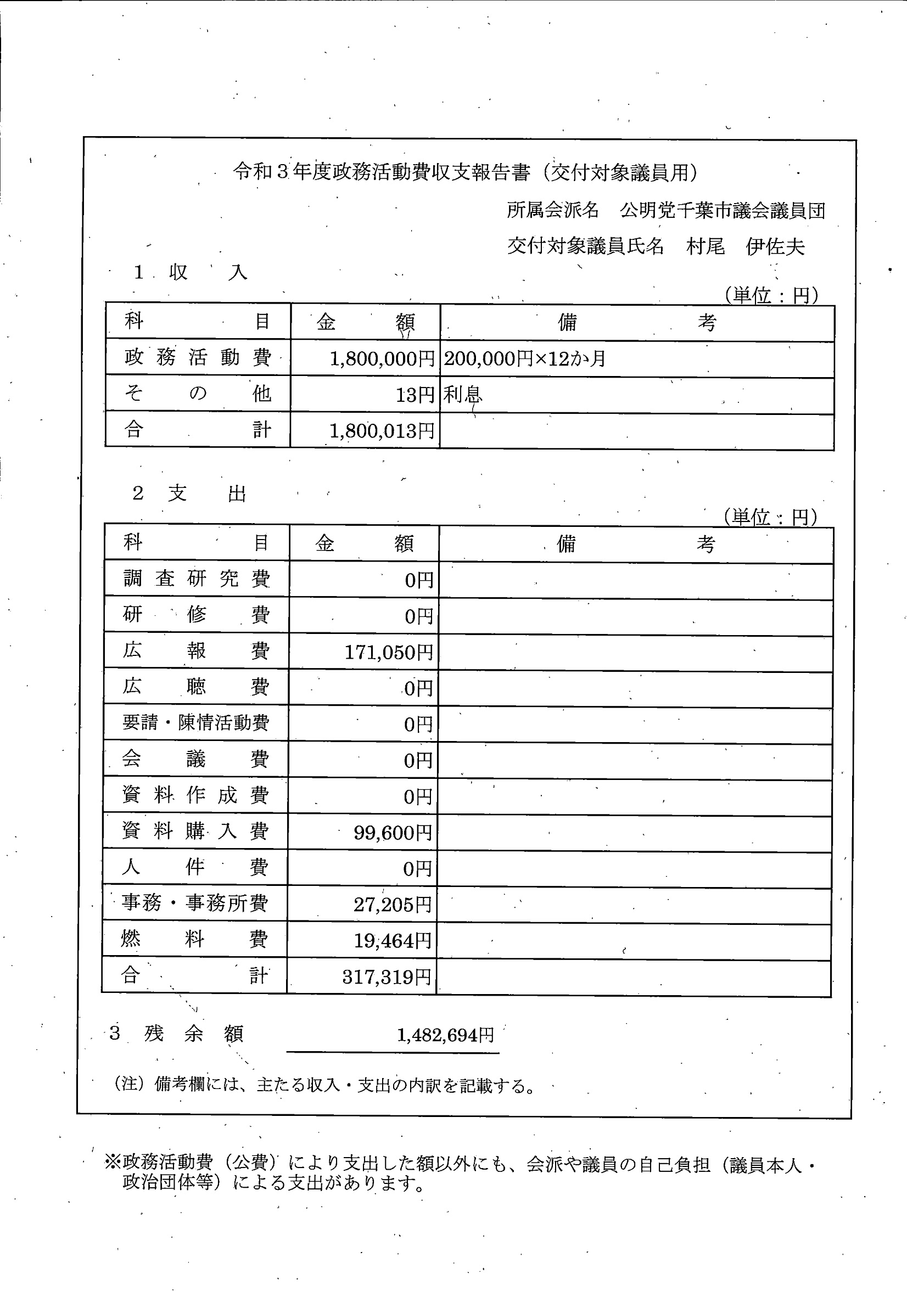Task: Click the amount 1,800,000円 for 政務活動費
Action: [382, 359]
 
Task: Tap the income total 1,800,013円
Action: [382, 431]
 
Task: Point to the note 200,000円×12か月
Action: [524, 359]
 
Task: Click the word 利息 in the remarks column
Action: [462, 395]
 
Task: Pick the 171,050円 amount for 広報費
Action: [389, 652]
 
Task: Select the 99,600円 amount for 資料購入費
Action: [393, 833]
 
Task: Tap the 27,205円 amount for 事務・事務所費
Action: [393, 905]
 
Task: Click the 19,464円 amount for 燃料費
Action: [393, 941]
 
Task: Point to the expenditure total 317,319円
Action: [387, 977]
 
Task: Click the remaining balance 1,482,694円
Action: [445, 1035]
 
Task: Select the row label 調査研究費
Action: [196, 579]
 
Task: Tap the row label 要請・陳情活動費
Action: [195, 722]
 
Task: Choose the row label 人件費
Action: [194, 868]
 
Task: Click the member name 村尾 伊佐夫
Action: [745, 246]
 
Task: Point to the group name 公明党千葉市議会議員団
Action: [723, 211]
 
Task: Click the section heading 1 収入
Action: [191, 273]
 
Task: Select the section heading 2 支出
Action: [189, 493]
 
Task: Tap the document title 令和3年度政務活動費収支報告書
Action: [381, 172]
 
